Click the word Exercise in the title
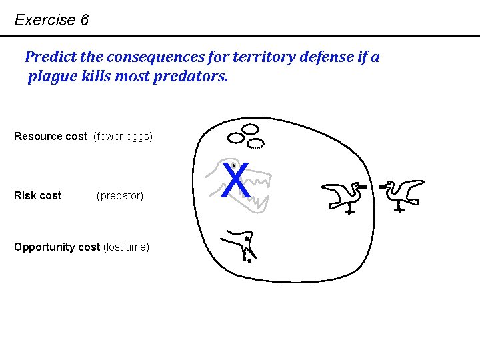tap(45, 20)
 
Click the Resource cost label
tap(51, 137)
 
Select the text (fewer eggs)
tap(123, 137)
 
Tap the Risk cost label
tap(37, 195)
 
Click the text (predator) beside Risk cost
tap(120, 195)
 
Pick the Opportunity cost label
tap(57, 247)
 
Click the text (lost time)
tap(126, 247)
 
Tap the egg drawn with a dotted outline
tap(256, 143)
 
